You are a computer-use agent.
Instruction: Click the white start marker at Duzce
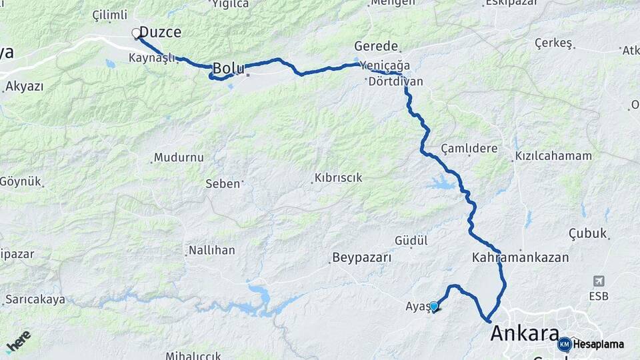click(x=136, y=33)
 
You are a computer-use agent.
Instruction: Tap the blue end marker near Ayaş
click(x=434, y=306)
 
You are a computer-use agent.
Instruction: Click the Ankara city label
click(x=524, y=334)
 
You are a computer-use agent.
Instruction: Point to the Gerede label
click(x=376, y=47)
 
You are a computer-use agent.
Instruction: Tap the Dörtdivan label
click(x=395, y=81)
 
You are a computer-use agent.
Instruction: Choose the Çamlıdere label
click(x=469, y=148)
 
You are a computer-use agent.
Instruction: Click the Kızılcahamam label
click(x=553, y=156)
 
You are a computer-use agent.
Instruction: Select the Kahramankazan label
click(x=520, y=257)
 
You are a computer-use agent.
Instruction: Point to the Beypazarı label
click(x=361, y=257)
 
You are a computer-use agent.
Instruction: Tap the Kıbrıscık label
click(x=338, y=178)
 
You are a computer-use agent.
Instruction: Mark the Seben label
click(x=222, y=183)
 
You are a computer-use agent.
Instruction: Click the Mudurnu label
click(x=179, y=158)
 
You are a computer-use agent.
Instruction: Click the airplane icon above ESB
click(x=599, y=281)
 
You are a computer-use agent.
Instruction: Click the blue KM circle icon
click(x=564, y=344)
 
